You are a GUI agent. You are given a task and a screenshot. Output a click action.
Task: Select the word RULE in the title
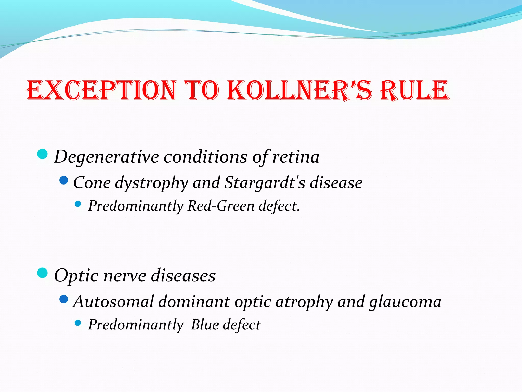click(x=414, y=90)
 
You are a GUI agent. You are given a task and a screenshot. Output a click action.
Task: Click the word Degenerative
click(x=107, y=157)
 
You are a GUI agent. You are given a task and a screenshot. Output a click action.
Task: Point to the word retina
click(x=296, y=157)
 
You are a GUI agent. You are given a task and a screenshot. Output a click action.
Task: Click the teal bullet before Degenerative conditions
click(x=42, y=154)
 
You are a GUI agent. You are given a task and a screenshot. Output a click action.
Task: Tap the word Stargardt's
click(x=265, y=183)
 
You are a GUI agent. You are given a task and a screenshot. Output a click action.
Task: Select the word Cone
click(x=92, y=183)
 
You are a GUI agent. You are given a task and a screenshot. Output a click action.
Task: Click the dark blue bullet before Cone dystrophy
click(x=63, y=180)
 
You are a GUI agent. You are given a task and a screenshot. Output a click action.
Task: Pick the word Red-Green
click(x=221, y=206)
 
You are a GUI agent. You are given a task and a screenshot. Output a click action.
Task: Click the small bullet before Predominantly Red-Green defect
click(x=78, y=204)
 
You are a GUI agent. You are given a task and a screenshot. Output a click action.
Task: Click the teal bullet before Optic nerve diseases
click(x=42, y=273)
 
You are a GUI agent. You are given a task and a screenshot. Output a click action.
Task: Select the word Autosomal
click(x=114, y=302)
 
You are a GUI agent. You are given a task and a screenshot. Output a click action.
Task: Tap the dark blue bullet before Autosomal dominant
click(x=63, y=299)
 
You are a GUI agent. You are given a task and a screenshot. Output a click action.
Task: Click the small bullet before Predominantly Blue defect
click(x=78, y=323)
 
